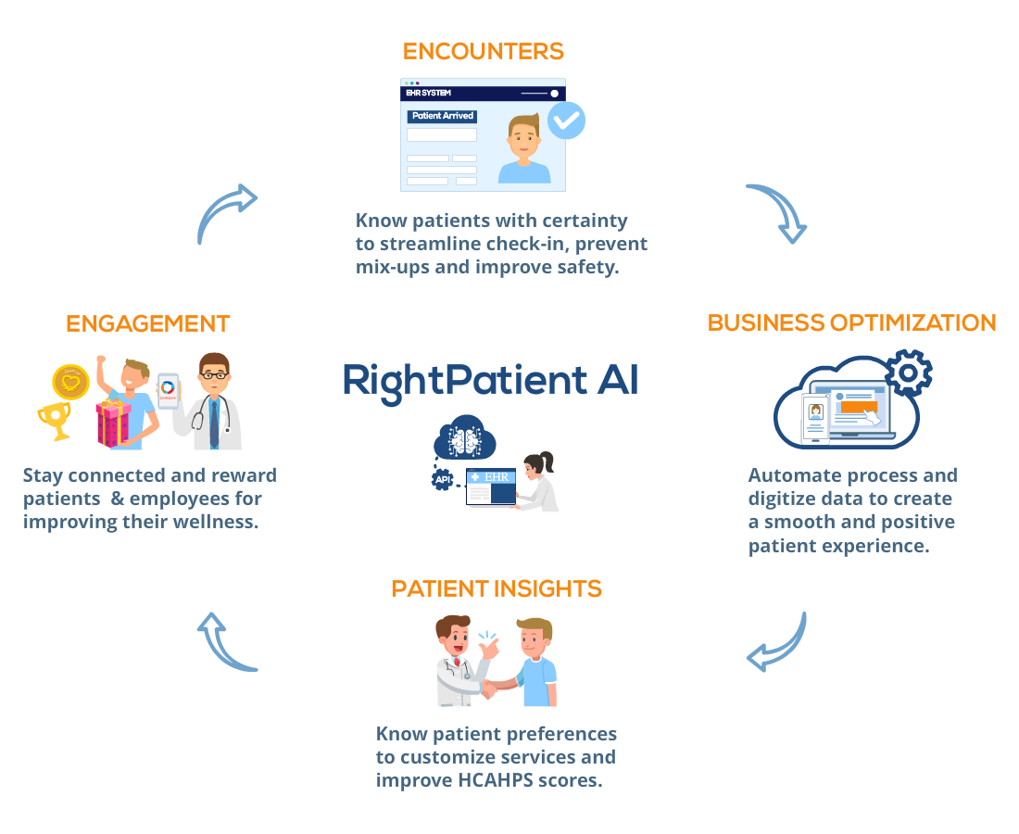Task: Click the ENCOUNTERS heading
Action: pos(483,51)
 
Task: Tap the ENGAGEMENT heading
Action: pos(148,323)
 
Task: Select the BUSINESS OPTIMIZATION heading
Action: pos(851,323)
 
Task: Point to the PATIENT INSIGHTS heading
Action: pos(497,589)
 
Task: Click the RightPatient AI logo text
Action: pos(491,381)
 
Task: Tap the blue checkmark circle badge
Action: pos(566,120)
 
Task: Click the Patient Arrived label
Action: pos(443,116)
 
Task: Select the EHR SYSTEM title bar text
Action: pos(428,93)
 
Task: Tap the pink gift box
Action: pos(113,423)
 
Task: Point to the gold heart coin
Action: pos(70,382)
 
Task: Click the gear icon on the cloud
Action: pos(909,373)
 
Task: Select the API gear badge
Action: pos(443,479)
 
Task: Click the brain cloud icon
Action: pos(465,437)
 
